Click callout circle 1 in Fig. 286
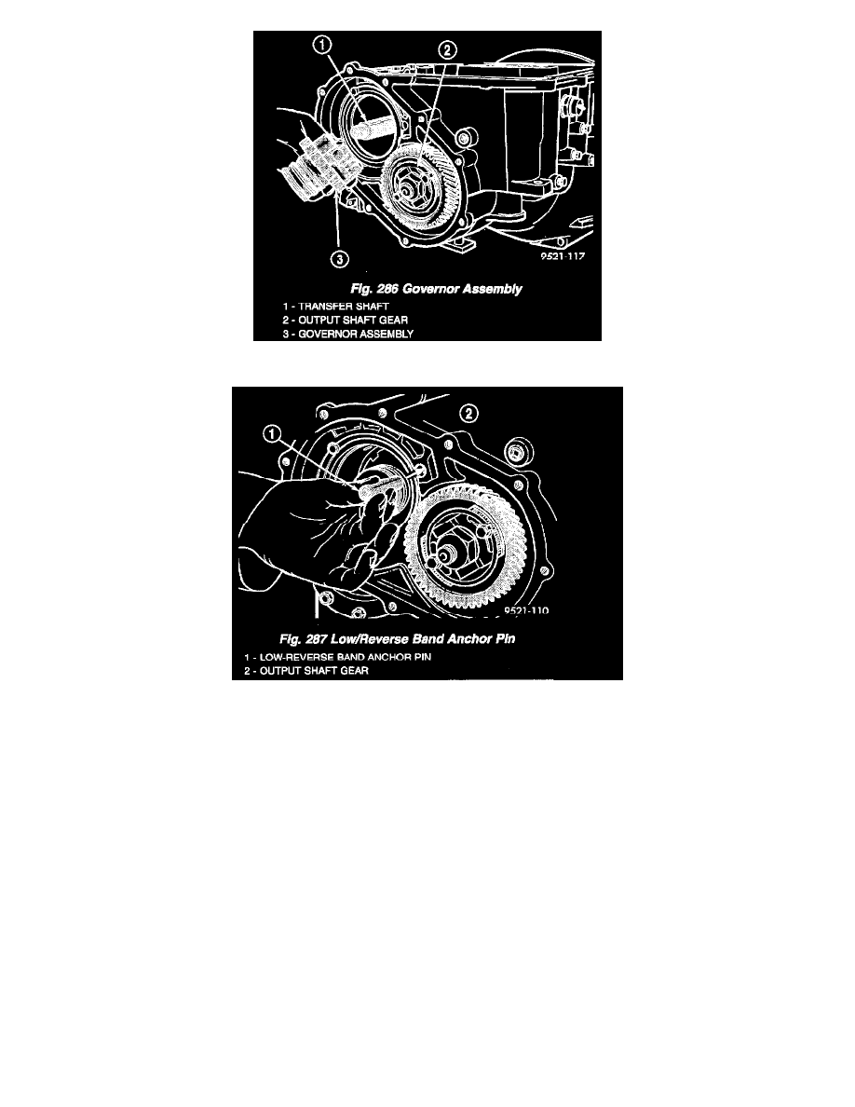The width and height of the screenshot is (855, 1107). (321, 46)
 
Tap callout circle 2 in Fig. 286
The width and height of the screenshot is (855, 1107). (447, 50)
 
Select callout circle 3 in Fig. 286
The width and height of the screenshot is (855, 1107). (339, 259)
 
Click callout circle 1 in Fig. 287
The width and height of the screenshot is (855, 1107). (272, 433)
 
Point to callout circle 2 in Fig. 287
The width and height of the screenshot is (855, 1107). (468, 414)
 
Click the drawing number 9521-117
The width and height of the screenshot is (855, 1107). (563, 256)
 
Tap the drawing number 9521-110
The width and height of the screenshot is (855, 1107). (526, 610)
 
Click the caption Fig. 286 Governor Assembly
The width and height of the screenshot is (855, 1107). (436, 289)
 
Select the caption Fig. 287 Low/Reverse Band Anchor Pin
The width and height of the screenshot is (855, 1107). (397, 639)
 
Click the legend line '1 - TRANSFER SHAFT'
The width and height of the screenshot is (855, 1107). (336, 307)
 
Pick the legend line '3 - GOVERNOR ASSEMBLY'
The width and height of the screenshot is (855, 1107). (347, 334)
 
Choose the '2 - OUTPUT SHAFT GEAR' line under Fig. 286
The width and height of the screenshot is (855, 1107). (345, 320)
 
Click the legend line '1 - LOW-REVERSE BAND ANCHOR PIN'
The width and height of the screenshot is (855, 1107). (337, 657)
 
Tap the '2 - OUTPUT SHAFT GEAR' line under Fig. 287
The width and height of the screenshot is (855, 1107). (306, 671)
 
